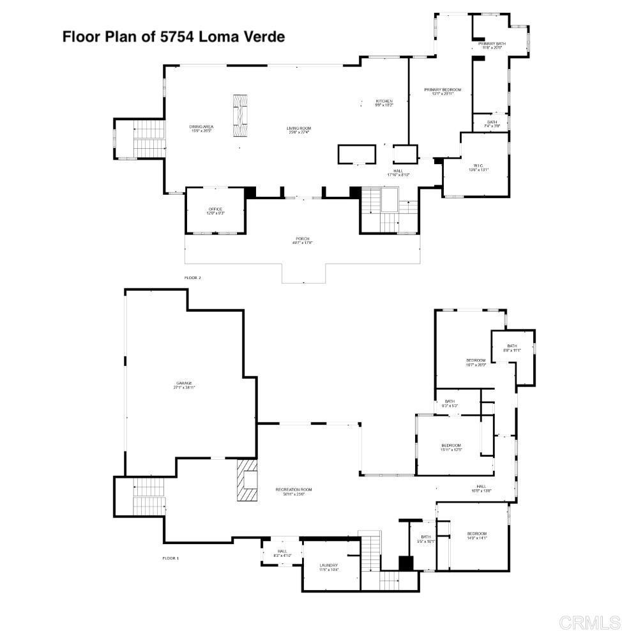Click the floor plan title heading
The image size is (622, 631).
pos(173,36)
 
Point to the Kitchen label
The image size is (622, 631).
pos(384,103)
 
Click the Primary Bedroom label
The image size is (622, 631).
pos(442,91)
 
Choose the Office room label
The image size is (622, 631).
pos(215,211)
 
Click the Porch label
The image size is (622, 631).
pos(302,240)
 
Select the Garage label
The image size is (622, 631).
pos(184,385)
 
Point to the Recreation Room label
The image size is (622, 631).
pos(294,492)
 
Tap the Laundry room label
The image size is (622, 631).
pos(328,567)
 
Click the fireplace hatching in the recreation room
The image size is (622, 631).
pos(247,480)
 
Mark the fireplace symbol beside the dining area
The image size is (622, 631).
pos(240,116)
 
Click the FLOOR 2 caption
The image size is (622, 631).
pos(192,278)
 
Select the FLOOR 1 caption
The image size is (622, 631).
pos(171,558)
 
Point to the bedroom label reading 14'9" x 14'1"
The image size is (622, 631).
pos(476,536)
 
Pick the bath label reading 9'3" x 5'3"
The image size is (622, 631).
pos(450,403)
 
